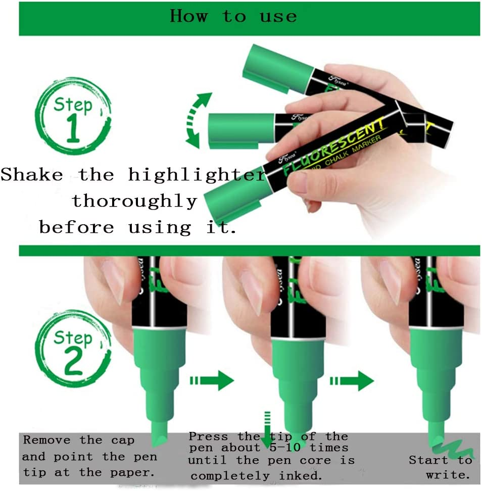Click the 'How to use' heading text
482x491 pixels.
[x=233, y=17]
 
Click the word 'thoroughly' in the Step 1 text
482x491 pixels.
[x=134, y=201]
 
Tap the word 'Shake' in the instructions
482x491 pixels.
[x=32, y=175]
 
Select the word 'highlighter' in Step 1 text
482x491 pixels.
[x=197, y=175]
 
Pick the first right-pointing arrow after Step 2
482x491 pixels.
[x=212, y=382]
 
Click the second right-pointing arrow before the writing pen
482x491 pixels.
[x=351, y=382]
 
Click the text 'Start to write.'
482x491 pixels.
[x=441, y=467]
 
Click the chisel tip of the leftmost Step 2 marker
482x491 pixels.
[x=161, y=434]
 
